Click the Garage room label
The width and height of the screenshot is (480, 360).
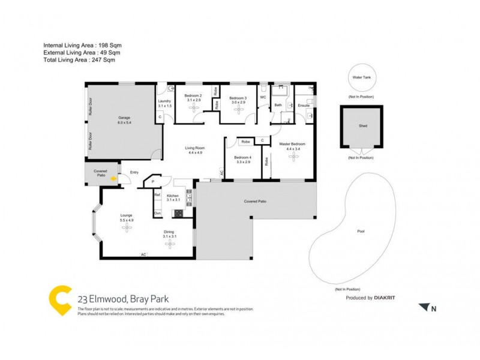pyautogui.click(x=124, y=118)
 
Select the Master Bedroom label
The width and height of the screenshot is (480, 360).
pyautogui.click(x=293, y=144)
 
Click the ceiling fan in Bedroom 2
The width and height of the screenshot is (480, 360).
pyautogui.click(x=193, y=108)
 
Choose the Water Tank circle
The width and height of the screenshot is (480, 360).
pyautogui.click(x=361, y=78)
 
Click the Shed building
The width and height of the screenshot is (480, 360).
pyautogui.click(x=361, y=127)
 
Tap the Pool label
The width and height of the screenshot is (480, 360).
pyautogui.click(x=361, y=231)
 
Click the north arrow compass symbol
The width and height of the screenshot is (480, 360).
pyautogui.click(x=424, y=307)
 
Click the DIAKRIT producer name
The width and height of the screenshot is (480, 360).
pyautogui.click(x=387, y=298)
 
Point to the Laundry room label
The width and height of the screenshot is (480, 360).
pyautogui.click(x=165, y=101)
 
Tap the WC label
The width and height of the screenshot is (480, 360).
pyautogui.click(x=263, y=97)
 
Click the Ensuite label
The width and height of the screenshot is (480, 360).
pyautogui.click(x=303, y=105)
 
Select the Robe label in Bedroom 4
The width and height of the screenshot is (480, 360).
pyautogui.click(x=244, y=142)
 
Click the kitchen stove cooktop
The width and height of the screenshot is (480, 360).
pyautogui.click(x=178, y=213)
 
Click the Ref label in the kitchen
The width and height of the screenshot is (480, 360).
pyautogui.click(x=157, y=195)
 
